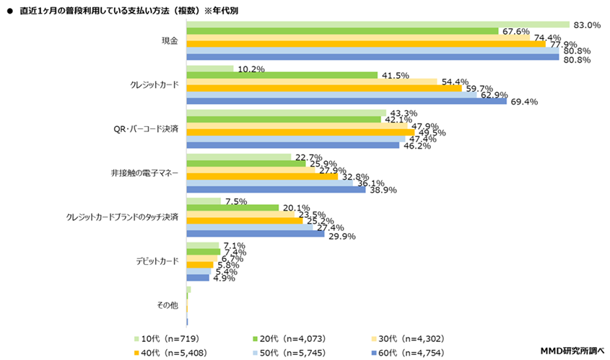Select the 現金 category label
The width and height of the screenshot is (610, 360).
tap(169, 42)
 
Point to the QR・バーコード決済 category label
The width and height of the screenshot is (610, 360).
tap(147, 130)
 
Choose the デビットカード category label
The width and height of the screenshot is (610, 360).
tap(157, 261)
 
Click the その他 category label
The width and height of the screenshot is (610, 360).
tap(167, 305)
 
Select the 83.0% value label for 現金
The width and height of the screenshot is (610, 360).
tap(586, 25)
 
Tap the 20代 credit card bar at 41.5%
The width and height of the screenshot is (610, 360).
tap(282, 75)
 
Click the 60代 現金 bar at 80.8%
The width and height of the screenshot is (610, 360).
tap(372, 58)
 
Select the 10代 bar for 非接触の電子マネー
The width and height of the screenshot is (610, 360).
tap(238, 157)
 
